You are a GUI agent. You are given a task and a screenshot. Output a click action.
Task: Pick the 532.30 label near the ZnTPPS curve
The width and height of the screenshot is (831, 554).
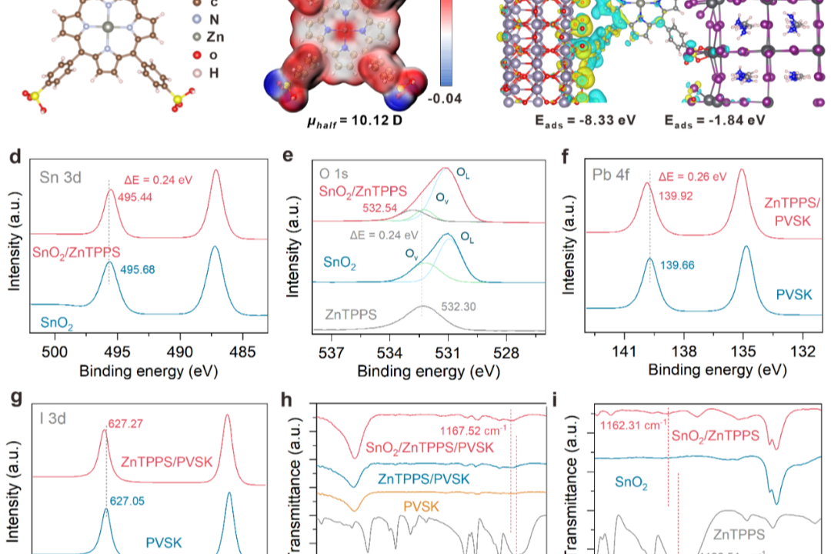(x=459, y=305)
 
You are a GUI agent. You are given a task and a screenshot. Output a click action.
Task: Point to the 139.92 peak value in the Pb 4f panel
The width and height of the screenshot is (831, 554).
(x=675, y=196)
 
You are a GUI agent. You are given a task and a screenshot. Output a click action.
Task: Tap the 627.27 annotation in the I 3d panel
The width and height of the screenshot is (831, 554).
(x=125, y=422)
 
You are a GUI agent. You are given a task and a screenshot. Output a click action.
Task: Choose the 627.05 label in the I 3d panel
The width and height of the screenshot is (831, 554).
(x=126, y=499)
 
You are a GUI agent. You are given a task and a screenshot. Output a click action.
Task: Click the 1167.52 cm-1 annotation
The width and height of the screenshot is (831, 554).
(x=473, y=430)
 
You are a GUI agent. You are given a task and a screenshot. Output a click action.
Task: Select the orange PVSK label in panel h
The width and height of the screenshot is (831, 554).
(x=421, y=506)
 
